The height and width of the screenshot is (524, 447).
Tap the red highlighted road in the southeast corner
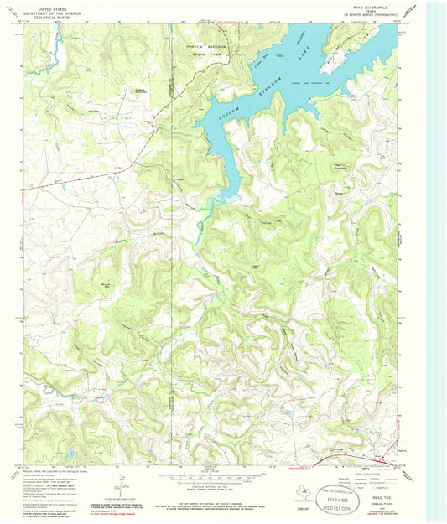(x=352, y=461)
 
